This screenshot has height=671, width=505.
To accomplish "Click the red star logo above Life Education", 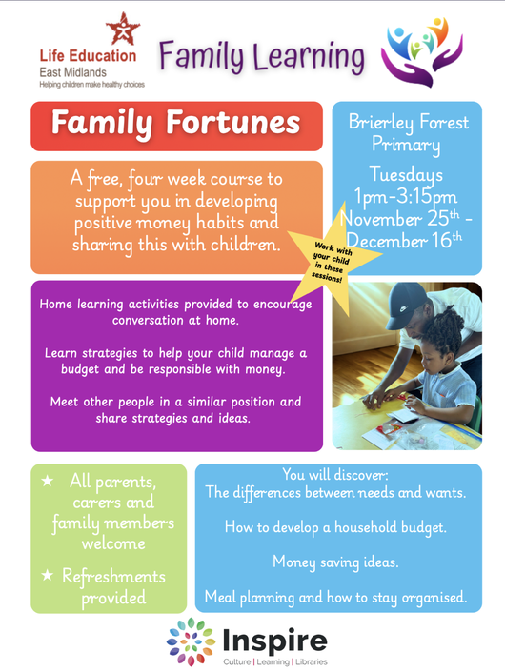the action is click(123, 30).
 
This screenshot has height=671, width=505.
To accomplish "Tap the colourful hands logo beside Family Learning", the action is click(422, 51).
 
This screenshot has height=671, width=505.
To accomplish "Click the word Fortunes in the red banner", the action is click(233, 123).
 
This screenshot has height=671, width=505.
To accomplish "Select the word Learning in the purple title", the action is click(309, 57).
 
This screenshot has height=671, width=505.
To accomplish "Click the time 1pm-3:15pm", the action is click(405, 197).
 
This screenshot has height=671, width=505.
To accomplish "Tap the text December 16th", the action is click(404, 241).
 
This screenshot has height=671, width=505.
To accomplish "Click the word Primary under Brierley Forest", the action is click(406, 145).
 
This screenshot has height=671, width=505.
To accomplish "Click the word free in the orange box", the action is click(104, 179).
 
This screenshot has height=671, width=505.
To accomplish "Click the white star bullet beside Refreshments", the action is click(47, 576).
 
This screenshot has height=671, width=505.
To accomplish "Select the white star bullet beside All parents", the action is click(47, 481).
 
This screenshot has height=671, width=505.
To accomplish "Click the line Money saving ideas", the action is click(335, 562).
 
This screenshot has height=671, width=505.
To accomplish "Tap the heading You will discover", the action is click(335, 475).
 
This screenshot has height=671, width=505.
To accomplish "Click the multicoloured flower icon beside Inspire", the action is click(191, 641).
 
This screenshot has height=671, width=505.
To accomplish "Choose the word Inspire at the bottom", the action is click(275, 641).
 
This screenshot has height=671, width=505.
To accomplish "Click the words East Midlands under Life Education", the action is click(72, 72).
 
